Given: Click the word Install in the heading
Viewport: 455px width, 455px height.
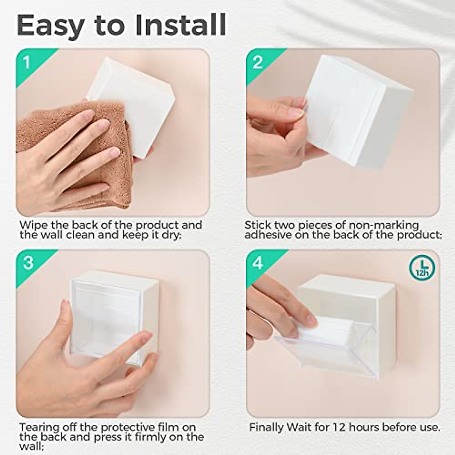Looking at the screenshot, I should pyautogui.click(x=180, y=25).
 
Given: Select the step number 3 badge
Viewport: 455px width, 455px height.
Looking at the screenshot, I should pyautogui.click(x=28, y=263).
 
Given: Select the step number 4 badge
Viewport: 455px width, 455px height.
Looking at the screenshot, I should pyautogui.click(x=258, y=263).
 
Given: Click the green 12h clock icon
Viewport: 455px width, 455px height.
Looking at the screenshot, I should pyautogui.click(x=422, y=268).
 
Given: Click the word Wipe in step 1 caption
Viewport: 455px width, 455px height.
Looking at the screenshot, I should pyautogui.click(x=32, y=225).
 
